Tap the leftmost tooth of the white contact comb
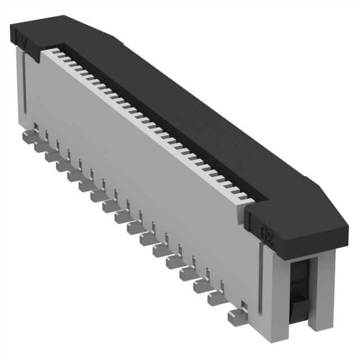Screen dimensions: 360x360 [x=48, y=52]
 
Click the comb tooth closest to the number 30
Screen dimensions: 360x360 [x=243, y=198]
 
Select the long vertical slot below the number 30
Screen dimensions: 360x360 [x=260, y=281]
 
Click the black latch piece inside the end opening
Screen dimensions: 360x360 [x=298, y=287]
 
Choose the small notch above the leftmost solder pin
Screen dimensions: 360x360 [x=35, y=127]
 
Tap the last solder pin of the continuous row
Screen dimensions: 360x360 [x=217, y=298]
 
